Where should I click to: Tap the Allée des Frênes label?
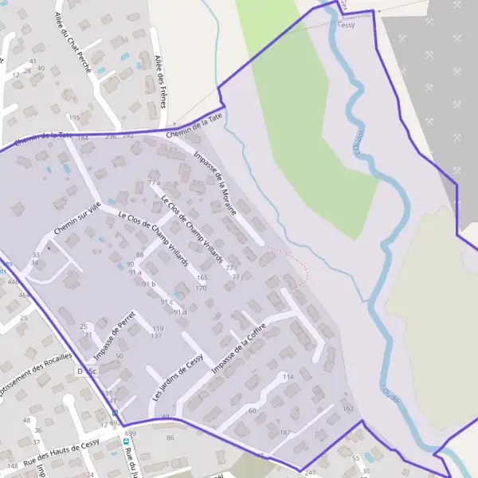162,80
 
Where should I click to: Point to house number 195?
75,117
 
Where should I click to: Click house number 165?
202,277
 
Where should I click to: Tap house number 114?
288,376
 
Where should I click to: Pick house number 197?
347,408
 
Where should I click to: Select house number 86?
170,437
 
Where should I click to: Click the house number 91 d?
180,312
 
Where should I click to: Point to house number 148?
11,465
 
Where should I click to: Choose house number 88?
140,255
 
